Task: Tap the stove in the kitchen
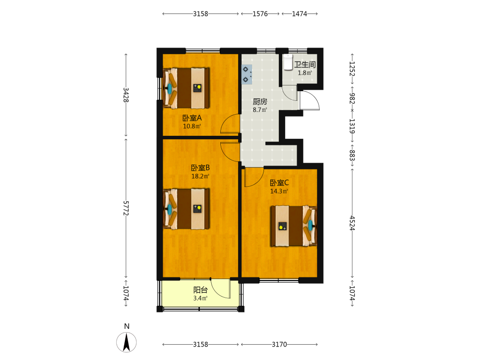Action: [247, 74]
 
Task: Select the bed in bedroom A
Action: [186, 88]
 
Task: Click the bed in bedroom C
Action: [294, 226]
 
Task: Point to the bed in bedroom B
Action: [186, 209]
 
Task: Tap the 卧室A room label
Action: [192, 118]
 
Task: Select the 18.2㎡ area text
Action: [200, 176]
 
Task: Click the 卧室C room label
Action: [279, 183]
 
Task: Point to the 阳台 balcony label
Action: [201, 290]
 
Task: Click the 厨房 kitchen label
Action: [260, 102]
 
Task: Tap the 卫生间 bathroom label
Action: [305, 65]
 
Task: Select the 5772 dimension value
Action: [126, 208]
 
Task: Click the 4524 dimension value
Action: [352, 223]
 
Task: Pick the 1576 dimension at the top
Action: [260, 14]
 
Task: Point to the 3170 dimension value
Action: [279, 344]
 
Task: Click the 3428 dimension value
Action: [126, 95]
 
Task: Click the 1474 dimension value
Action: [300, 14]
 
